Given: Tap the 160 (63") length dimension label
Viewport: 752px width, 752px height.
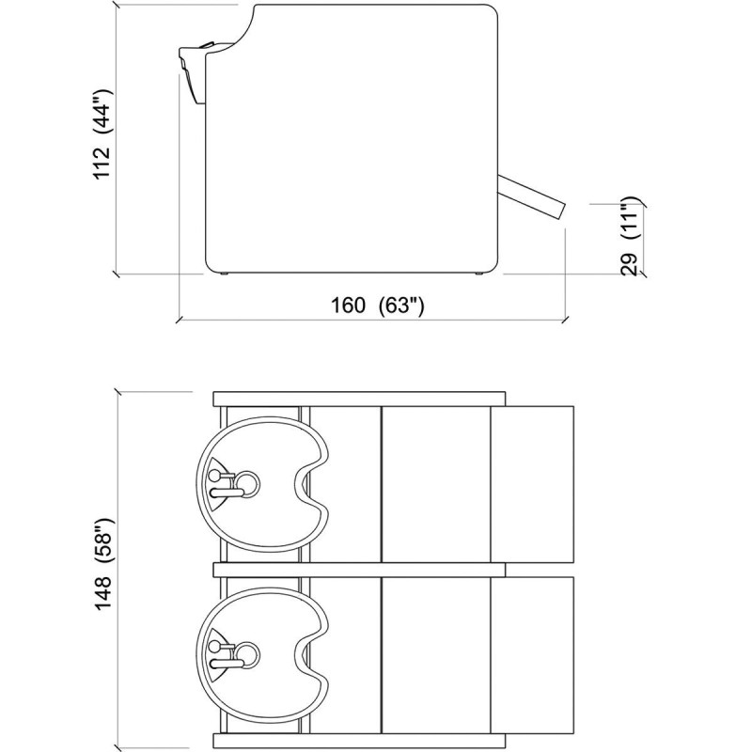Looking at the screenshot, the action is [378, 305].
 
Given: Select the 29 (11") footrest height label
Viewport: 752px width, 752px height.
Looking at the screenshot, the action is [630, 236].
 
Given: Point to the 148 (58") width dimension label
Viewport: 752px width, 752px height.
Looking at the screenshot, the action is [102, 564].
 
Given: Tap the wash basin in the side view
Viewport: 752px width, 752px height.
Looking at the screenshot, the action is [193, 72].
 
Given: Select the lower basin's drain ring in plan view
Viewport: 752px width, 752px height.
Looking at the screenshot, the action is [247, 653].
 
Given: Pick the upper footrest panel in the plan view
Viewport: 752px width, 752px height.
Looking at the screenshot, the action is [532, 484].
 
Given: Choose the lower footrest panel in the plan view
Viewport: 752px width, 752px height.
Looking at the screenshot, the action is [532, 655].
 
